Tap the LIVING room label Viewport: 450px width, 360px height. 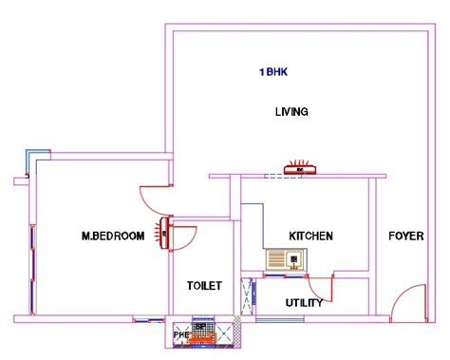click(x=291, y=112)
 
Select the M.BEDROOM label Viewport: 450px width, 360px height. click(x=113, y=236)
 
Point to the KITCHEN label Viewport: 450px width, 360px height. click(x=310, y=236)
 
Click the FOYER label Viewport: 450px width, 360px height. click(x=405, y=236)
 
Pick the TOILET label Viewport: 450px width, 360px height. click(x=204, y=285)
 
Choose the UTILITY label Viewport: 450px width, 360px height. click(x=304, y=303)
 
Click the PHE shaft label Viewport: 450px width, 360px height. click(x=180, y=334)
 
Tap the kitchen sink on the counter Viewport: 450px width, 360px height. click(x=285, y=258)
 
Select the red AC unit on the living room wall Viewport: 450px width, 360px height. click(x=303, y=167)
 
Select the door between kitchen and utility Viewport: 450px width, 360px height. click(x=321, y=283)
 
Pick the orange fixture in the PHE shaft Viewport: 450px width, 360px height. click(x=200, y=334)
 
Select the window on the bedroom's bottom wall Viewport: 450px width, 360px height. click(x=147, y=318)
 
